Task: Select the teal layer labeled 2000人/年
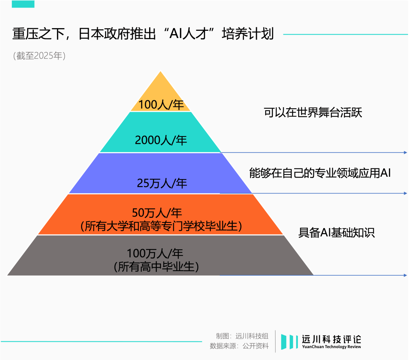[161, 132]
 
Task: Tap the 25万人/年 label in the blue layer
[162, 183]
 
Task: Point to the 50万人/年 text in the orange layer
[157, 213]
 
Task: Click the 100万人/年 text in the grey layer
[155, 253]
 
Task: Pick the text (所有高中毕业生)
[156, 267]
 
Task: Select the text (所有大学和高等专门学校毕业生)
[161, 226]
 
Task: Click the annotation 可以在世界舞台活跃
[313, 113]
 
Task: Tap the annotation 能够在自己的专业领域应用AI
[320, 173]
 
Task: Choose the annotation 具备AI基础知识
[336, 233]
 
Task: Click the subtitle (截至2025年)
[39, 56]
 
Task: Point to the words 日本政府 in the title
[117, 34]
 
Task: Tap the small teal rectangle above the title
[23, 4]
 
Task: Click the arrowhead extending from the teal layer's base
[405, 152]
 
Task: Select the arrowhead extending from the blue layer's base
[405, 193]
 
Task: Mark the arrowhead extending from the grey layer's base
[405, 275]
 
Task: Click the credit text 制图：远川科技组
[242, 336]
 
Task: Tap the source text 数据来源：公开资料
[239, 346]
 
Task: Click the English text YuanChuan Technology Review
[331, 347]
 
